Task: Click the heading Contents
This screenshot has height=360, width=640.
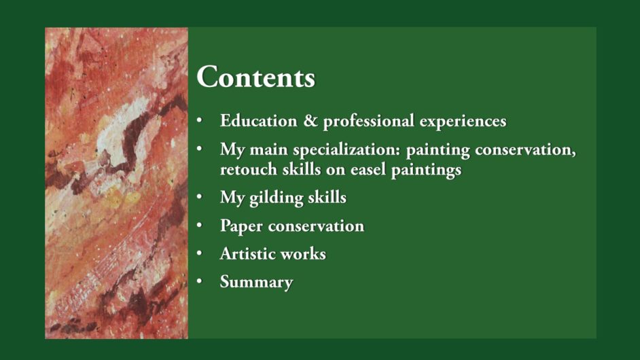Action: pos(256,77)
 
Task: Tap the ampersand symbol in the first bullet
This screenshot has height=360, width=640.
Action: pos(310,121)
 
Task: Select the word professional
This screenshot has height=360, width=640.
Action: pos(368,122)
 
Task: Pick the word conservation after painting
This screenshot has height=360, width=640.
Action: pos(525,150)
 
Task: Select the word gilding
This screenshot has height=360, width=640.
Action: pos(276,198)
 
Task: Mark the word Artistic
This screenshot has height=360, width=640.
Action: pos(247,254)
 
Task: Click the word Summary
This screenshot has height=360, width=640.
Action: pos(256,283)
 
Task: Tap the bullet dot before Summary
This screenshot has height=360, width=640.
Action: pos(199,281)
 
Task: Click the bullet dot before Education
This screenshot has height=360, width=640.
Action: pos(199,120)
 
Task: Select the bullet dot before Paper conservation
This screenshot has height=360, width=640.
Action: pos(199,226)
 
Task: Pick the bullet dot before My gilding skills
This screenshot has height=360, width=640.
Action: pos(199,197)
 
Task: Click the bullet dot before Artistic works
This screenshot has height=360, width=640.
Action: pos(199,253)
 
